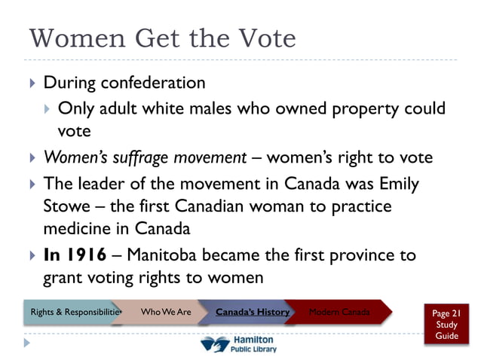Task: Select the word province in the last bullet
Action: [x=352, y=255]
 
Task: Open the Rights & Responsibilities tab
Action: [x=74, y=312]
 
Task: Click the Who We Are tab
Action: [x=165, y=312]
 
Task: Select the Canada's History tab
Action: [x=252, y=312]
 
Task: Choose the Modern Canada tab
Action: [x=339, y=312]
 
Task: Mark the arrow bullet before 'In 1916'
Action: [x=31, y=255]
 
